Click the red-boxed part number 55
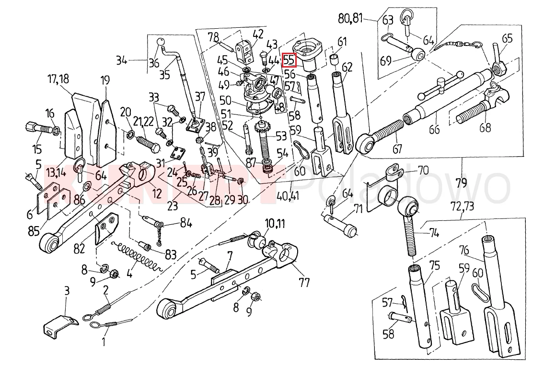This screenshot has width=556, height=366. (290, 59)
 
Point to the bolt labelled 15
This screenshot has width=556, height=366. (39, 129)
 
